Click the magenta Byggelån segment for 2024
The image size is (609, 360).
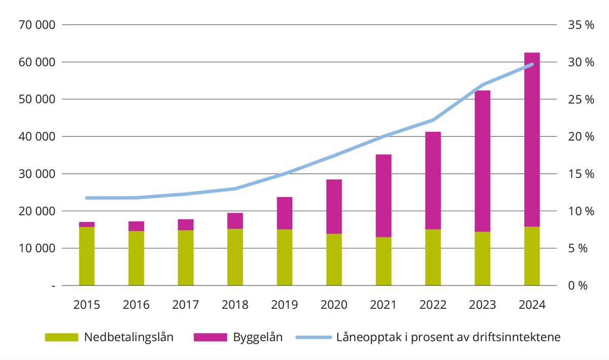point(532,140)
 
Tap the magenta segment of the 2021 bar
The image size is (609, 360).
point(384,195)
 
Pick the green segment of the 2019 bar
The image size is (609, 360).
point(285,257)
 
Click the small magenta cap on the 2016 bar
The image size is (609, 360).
point(136,226)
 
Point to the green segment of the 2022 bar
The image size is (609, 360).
point(433,257)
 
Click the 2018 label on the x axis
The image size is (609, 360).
point(235,305)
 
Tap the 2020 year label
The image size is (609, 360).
point(334,305)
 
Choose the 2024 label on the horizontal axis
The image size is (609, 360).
point(532,305)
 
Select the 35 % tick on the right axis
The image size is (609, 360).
point(582,25)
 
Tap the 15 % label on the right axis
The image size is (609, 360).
point(582,174)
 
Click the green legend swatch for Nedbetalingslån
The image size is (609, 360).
point(61,337)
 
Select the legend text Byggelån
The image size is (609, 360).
point(257,337)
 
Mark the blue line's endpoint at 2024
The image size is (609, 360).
point(532,64)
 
